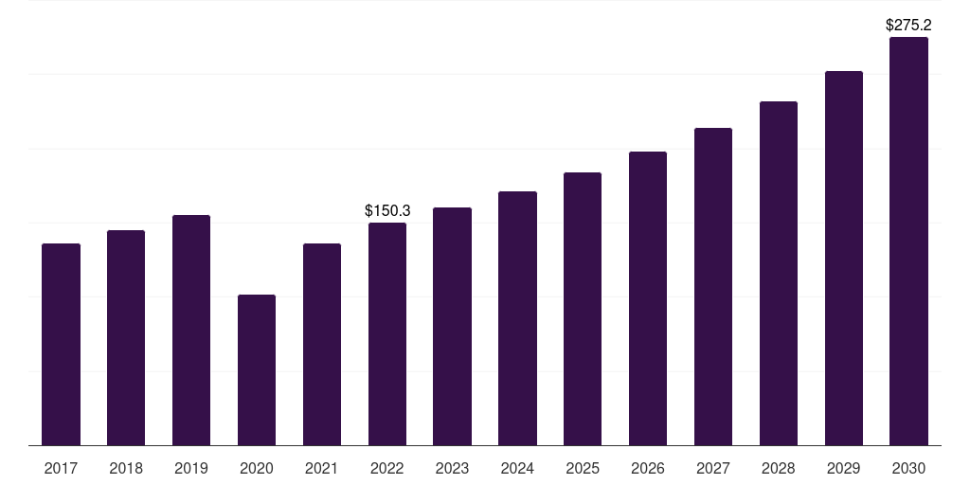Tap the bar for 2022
click(387, 333)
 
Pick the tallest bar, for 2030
click(908, 241)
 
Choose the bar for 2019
click(191, 330)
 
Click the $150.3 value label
click(387, 210)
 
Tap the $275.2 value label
click(908, 25)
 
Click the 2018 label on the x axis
click(126, 468)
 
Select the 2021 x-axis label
click(322, 468)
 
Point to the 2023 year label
click(452, 468)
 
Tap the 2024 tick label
click(517, 468)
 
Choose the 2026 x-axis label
click(648, 468)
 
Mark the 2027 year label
click(713, 468)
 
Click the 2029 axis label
click(843, 468)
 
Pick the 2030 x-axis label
click(908, 468)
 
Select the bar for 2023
click(452, 326)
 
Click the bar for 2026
click(648, 297)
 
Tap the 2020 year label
click(257, 468)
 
